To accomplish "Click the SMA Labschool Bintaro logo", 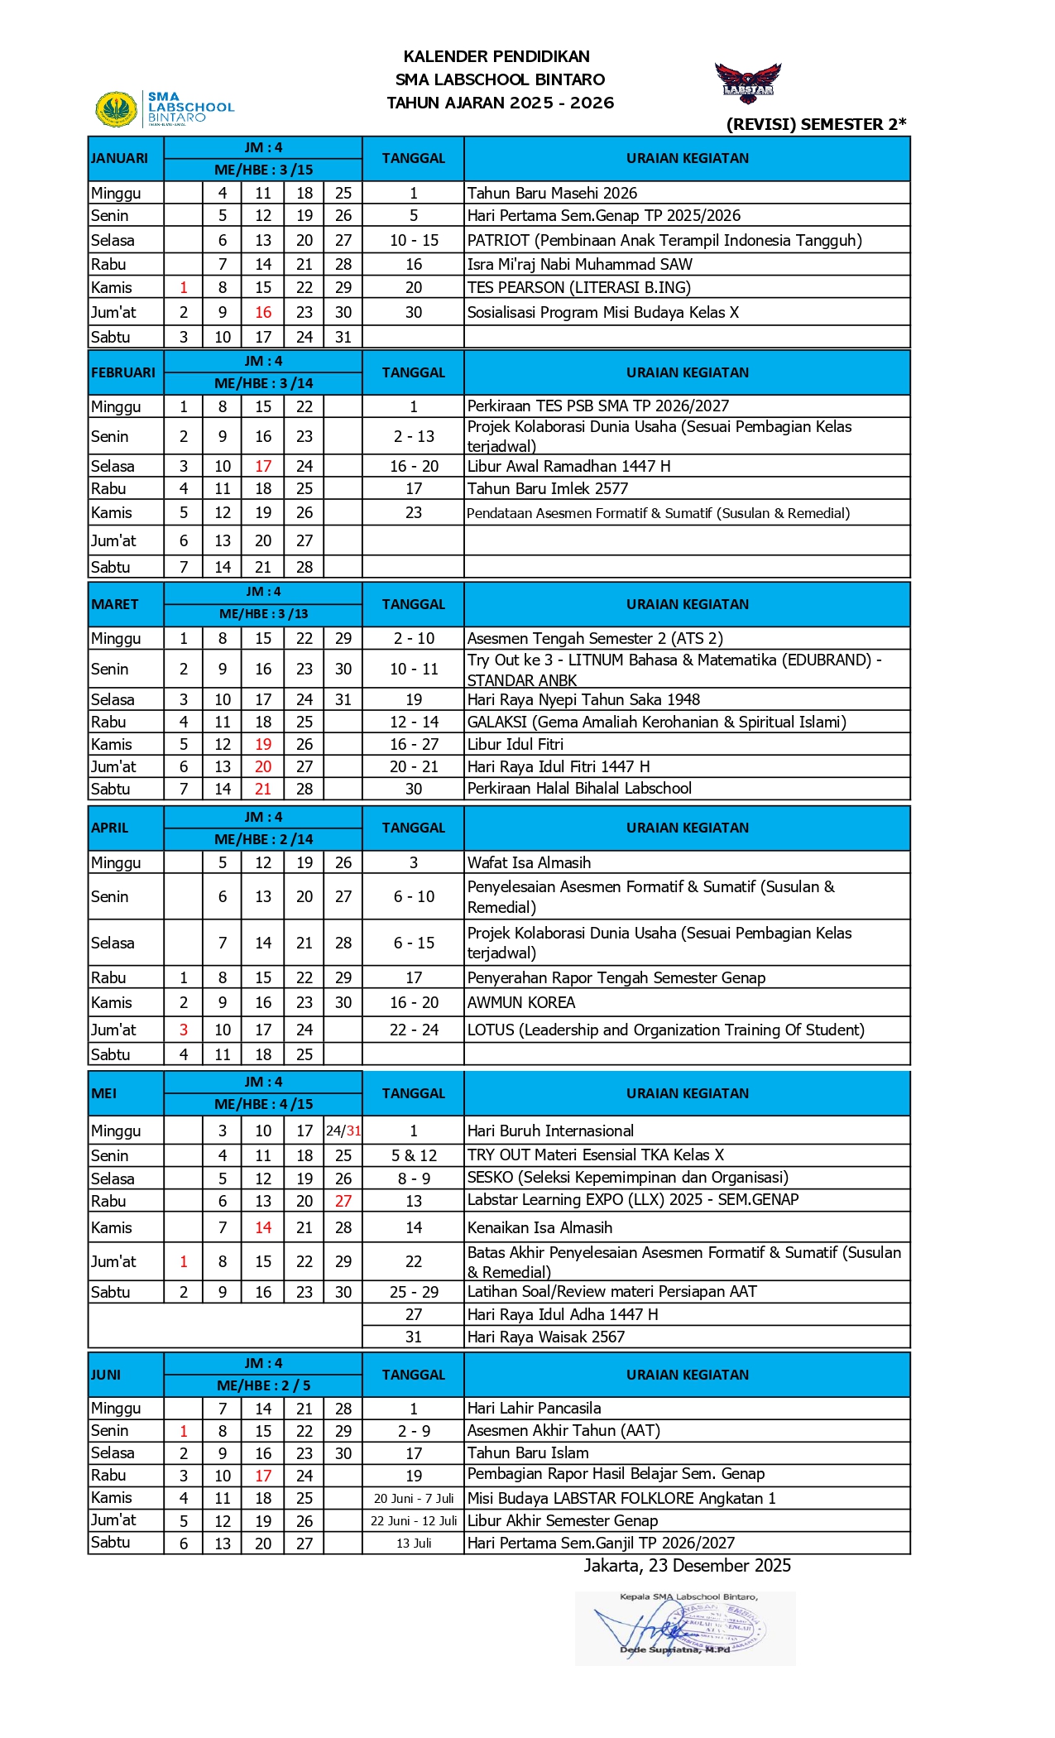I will [165, 108].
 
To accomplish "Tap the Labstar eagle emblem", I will [748, 82].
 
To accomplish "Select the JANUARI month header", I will [120, 158].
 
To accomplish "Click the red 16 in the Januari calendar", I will [263, 312].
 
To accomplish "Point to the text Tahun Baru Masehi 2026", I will [552, 193].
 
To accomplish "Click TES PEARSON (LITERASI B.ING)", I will [578, 287].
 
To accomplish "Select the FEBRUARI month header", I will [123, 372].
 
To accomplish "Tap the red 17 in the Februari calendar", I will [263, 466].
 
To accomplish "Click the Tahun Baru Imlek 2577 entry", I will [547, 488].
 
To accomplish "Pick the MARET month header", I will [115, 604].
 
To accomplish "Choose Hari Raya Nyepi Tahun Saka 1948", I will [583, 699].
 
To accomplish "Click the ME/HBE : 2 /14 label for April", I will [263, 839].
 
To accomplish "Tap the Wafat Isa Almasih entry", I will [529, 862].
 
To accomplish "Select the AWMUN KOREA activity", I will [520, 1002].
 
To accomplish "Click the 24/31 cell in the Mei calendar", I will [343, 1131].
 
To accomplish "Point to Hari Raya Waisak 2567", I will [545, 1337].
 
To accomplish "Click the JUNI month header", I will [106, 1375].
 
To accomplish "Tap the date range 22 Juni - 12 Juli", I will [414, 1520].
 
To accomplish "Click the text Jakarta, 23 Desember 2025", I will [687, 1565].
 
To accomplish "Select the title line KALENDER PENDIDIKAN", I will [496, 56].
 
